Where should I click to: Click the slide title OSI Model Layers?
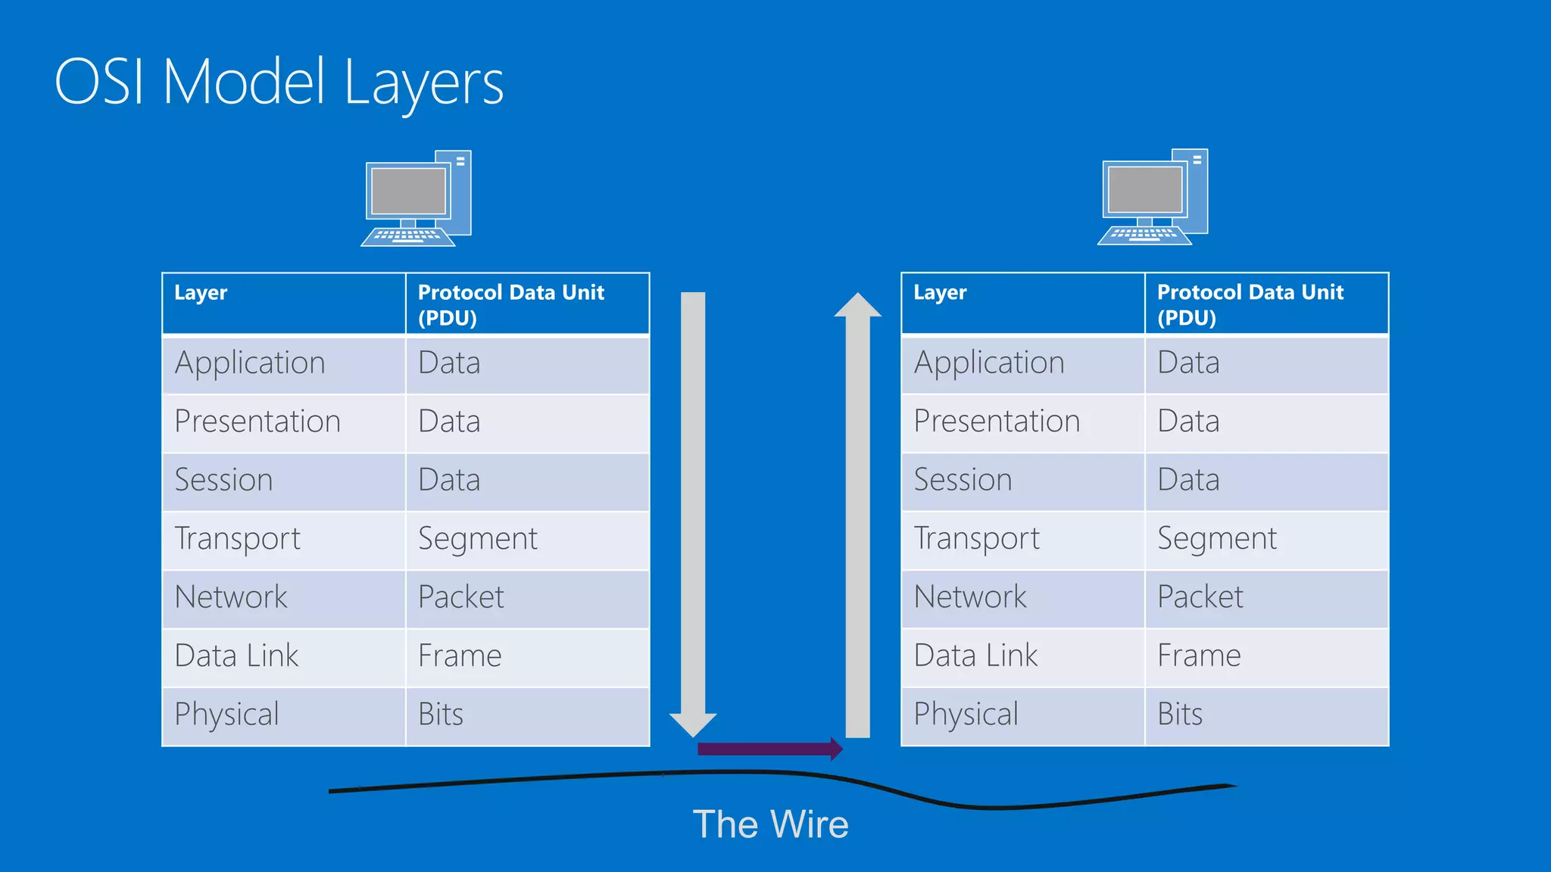pos(279,82)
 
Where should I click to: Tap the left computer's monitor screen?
pos(408,191)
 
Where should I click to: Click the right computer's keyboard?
pos(1144,234)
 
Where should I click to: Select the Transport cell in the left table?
pos(237,539)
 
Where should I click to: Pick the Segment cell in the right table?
pos(1216,539)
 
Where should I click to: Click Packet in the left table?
pos(460,597)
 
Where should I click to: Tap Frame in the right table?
pos(1199,656)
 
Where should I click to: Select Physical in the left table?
pos(226,715)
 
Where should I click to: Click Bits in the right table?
pos(1180,715)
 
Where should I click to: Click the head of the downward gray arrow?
pos(693,724)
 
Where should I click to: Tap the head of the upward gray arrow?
pos(857,306)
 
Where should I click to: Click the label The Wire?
pos(770,824)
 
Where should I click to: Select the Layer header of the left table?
pos(201,293)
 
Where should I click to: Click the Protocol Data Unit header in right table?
pos(1250,304)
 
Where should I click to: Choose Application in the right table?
pos(988,363)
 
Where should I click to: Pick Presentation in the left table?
pos(257,422)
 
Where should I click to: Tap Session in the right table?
pos(963,480)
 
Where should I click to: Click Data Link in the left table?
pos(236,656)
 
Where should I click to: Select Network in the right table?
pos(970,597)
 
